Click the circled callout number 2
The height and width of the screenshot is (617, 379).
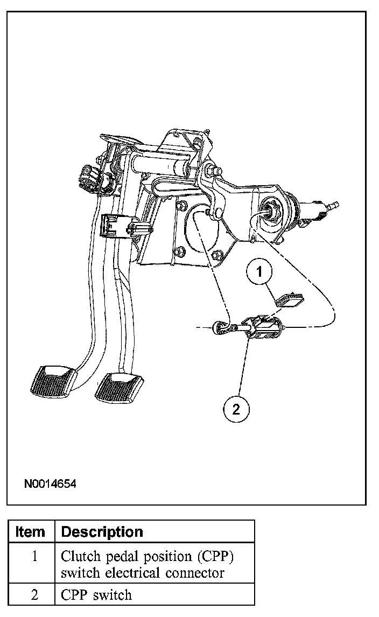pyautogui.click(x=236, y=410)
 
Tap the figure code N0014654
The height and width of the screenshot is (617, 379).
pyautogui.click(x=50, y=484)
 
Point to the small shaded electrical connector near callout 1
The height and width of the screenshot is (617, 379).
pyautogui.click(x=290, y=298)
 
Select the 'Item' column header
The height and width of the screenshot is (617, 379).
pyautogui.click(x=31, y=532)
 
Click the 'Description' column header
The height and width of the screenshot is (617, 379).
pyautogui.click(x=102, y=532)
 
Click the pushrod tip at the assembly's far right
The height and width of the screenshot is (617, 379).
pyautogui.click(x=334, y=205)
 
